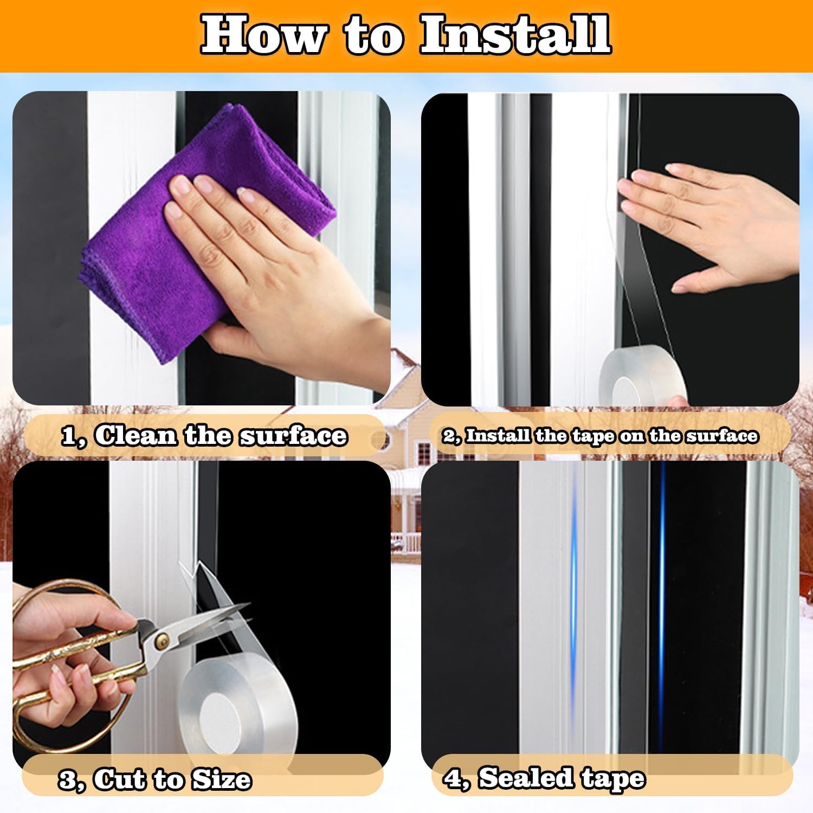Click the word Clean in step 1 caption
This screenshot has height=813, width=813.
tap(136, 436)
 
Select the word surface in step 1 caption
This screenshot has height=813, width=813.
tap(293, 436)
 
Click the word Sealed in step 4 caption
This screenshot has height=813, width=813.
tap(525, 778)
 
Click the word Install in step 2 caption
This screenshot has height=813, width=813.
tap(498, 436)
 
